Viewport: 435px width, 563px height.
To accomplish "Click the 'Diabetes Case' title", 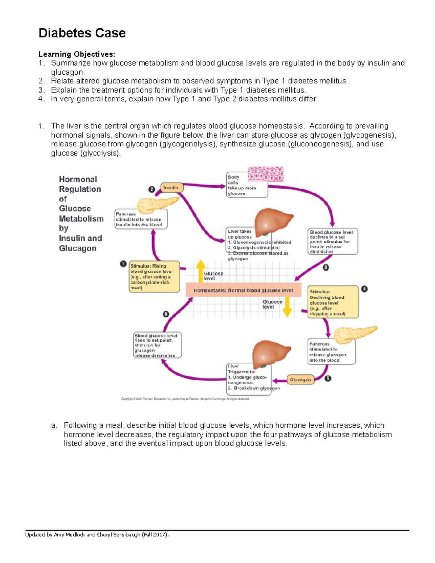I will click(x=82, y=33).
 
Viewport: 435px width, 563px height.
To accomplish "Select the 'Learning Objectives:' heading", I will click(x=76, y=54).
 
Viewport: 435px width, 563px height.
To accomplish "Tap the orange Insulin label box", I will click(x=171, y=187).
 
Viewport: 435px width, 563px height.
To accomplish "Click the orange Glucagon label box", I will click(x=300, y=380).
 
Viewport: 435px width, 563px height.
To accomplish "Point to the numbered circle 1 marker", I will click(x=123, y=264).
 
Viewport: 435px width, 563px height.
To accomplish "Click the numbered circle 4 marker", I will click(x=364, y=289).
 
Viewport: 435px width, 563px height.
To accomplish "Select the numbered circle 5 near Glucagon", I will click(x=328, y=378).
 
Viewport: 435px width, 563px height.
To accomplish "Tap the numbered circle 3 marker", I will click(x=326, y=268).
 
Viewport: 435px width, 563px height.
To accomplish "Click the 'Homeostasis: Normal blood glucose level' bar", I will click(x=243, y=290).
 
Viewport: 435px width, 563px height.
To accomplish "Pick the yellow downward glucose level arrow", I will click(x=287, y=307).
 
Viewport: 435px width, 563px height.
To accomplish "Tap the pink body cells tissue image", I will click(x=266, y=174).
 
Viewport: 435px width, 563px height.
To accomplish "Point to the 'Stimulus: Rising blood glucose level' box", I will click(x=154, y=277).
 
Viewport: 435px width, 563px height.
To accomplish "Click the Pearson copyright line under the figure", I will click(x=185, y=399).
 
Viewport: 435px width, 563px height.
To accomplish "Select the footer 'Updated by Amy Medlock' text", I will click(x=97, y=534).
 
